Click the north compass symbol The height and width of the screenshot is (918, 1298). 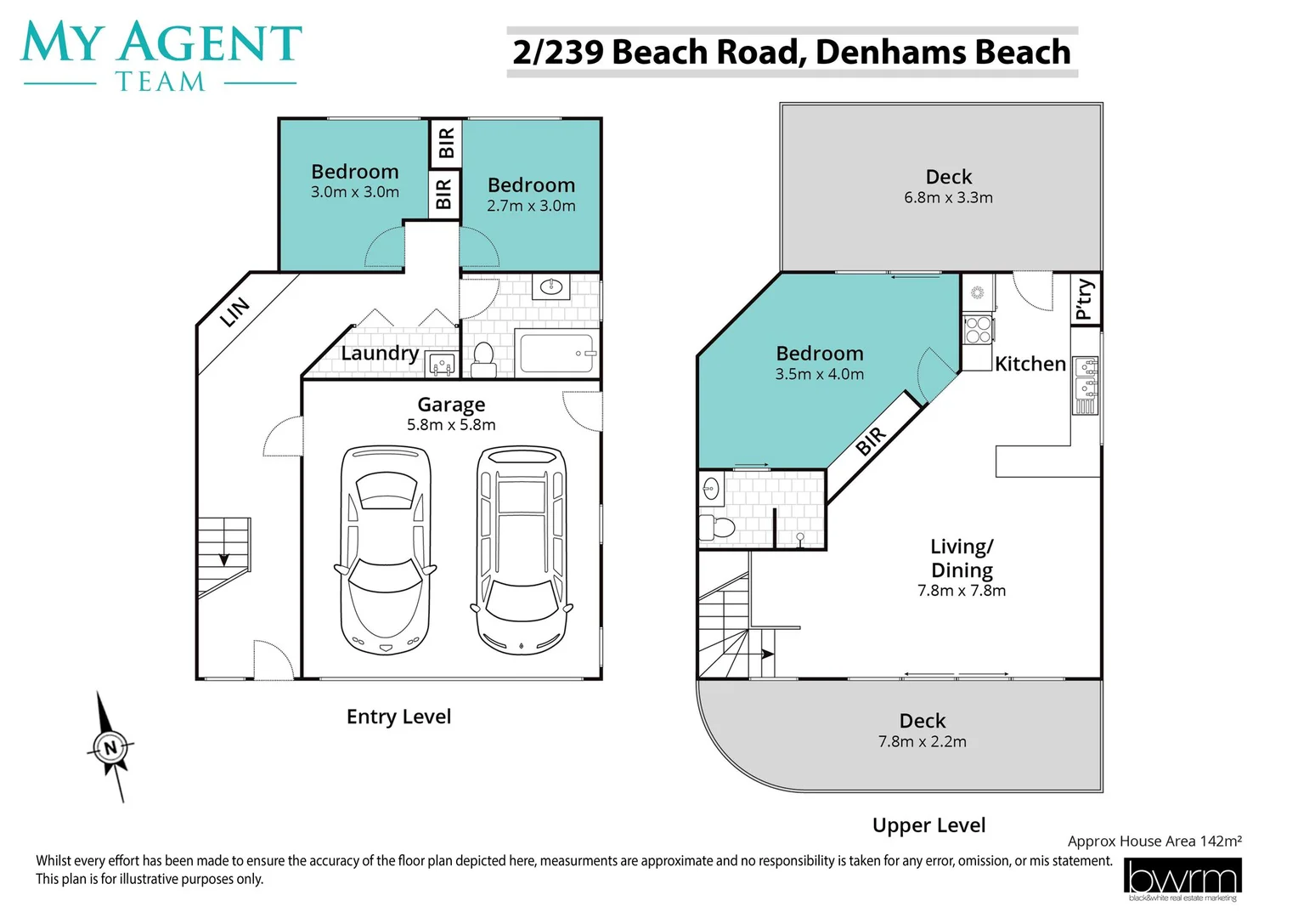pos(110,748)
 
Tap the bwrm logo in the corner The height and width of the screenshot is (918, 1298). pos(1182,879)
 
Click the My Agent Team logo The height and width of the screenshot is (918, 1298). pos(161,56)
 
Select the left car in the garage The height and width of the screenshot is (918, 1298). pos(385,550)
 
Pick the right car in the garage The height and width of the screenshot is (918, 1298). pos(521,550)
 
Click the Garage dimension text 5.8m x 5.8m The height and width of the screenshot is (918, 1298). pos(451,425)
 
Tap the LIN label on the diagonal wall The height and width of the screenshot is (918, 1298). pos(234,312)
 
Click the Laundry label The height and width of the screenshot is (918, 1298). pos(380,353)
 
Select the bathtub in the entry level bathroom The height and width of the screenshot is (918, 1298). pos(556,354)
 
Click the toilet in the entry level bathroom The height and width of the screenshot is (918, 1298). pos(483,358)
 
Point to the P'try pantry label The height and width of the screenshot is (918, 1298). pos(1084,299)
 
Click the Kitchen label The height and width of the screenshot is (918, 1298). pos(1030,364)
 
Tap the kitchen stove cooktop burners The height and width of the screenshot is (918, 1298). pos(978,330)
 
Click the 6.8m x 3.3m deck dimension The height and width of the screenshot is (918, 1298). pos(948,198)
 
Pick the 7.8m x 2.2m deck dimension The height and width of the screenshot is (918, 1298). pos(922,742)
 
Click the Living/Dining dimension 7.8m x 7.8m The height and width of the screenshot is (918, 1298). pos(961,591)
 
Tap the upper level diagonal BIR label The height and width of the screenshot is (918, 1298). pos(871,441)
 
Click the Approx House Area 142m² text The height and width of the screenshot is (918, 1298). pos(1154,841)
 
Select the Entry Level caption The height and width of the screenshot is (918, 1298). pos(398,717)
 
